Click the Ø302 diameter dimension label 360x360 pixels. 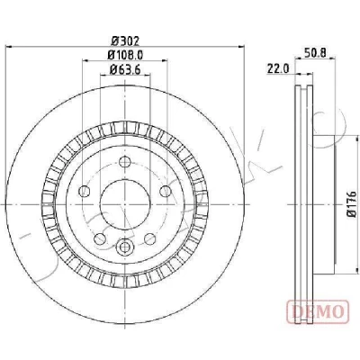[125, 40]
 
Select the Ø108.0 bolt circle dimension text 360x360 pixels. [125, 55]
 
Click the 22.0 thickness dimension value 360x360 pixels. [278, 69]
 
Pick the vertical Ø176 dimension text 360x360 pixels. [351, 202]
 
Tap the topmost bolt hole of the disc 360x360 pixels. [124, 162]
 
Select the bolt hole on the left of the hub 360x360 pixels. [85, 191]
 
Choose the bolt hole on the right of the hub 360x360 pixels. [165, 191]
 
